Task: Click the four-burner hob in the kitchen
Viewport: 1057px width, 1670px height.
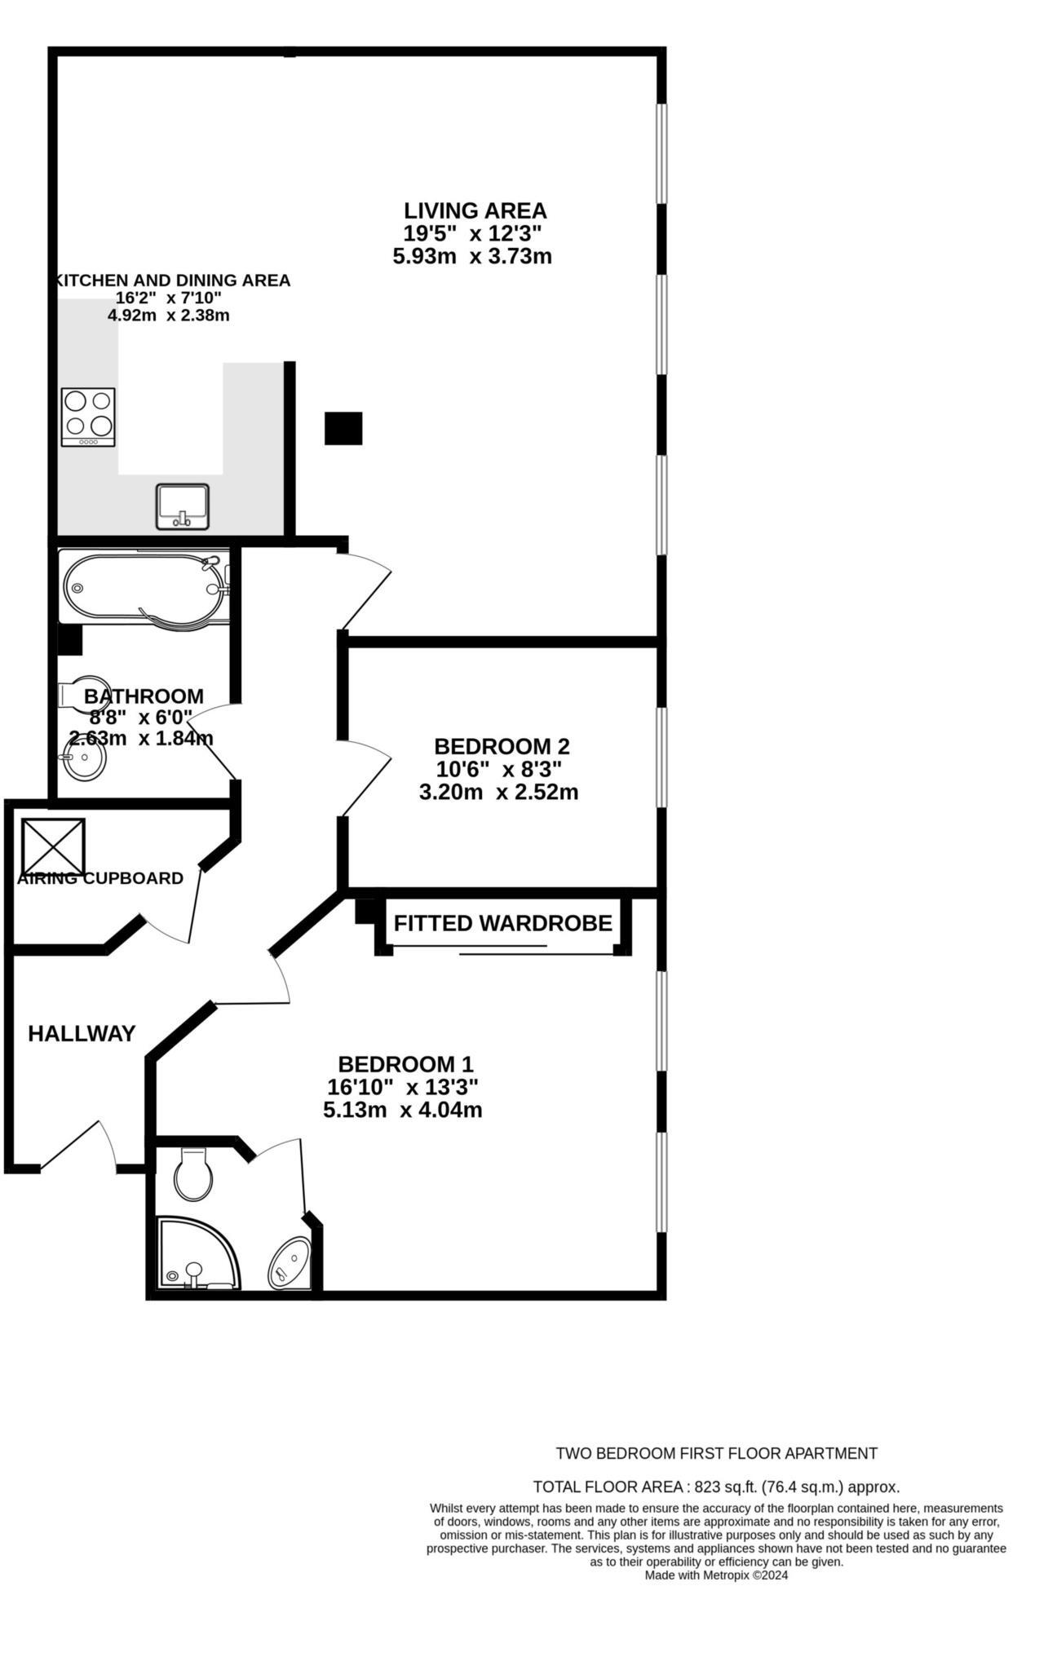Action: pos(88,416)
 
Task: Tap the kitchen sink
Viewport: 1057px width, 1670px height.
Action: pos(183,506)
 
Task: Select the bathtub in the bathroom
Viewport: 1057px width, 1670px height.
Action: pos(143,587)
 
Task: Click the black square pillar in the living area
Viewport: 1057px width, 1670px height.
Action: pos(343,428)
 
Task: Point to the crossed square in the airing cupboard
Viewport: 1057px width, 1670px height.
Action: pos(53,846)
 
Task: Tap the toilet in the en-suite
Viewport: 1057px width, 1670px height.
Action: pos(193,1174)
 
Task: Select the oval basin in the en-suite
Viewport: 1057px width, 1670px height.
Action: pos(290,1263)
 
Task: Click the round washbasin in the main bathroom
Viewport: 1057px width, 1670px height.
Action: pos(84,759)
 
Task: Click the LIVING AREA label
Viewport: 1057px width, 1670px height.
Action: pos(475,210)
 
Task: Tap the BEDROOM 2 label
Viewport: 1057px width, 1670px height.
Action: pos(501,746)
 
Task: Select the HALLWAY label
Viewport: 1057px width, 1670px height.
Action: pos(82,1033)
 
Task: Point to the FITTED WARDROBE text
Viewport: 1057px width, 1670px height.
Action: pos(502,923)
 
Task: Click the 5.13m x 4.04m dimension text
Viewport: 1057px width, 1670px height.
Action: pos(402,1110)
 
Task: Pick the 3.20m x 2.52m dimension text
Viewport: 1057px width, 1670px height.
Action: pos(498,792)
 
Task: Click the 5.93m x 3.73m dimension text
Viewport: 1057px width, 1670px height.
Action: pos(472,256)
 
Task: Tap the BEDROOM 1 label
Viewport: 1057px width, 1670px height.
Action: pos(405,1064)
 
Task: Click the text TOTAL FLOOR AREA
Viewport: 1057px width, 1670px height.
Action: pos(608,1487)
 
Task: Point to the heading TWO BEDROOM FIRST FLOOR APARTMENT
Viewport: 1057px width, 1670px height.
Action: pos(716,1453)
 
